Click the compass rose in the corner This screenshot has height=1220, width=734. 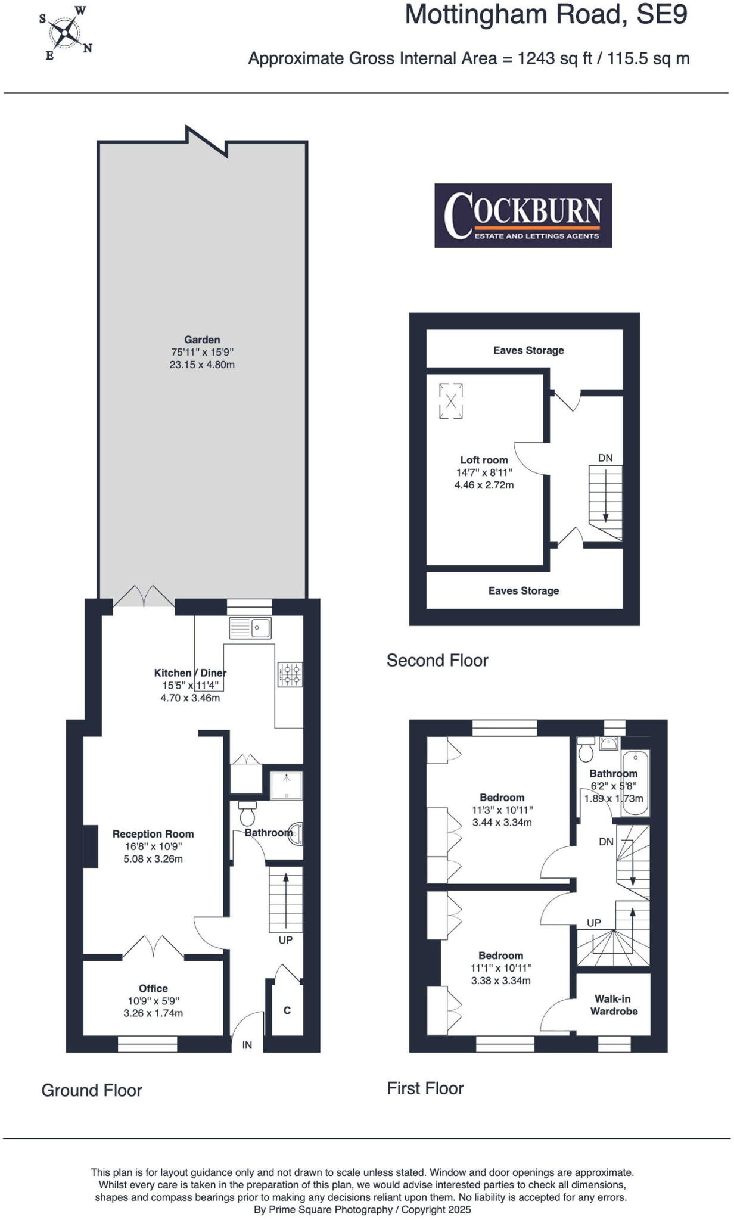(x=65, y=33)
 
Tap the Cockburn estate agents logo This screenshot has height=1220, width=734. (x=523, y=215)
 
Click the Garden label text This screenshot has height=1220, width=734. (x=202, y=340)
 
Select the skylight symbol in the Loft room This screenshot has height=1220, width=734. (x=451, y=401)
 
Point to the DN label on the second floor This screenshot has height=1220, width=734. (x=605, y=458)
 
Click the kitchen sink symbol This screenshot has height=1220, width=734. (x=250, y=628)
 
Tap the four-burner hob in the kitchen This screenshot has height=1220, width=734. (x=290, y=674)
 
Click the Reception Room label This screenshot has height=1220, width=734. (x=153, y=834)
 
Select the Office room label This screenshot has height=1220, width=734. (x=153, y=988)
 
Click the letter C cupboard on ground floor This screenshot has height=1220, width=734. (x=287, y=1010)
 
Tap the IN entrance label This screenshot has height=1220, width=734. (x=247, y=1045)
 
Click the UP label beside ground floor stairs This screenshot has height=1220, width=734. (x=286, y=940)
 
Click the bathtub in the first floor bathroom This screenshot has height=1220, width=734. (x=636, y=782)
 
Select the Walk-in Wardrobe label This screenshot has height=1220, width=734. (x=613, y=1005)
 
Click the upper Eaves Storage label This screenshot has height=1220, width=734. (x=528, y=350)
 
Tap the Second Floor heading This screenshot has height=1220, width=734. (x=437, y=660)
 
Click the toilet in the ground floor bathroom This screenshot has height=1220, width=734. (x=247, y=814)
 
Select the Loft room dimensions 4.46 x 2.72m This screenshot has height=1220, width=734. (x=484, y=485)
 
